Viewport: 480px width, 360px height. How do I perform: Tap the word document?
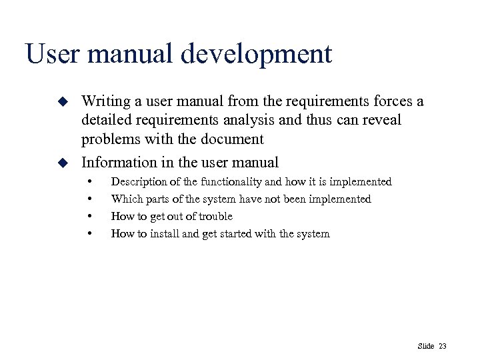[236, 139]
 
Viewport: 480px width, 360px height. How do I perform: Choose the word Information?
[115, 162]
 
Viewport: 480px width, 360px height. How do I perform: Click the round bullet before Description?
[88, 182]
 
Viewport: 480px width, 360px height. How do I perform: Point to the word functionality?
[249, 181]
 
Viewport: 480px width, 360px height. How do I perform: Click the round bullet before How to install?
[88, 234]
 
